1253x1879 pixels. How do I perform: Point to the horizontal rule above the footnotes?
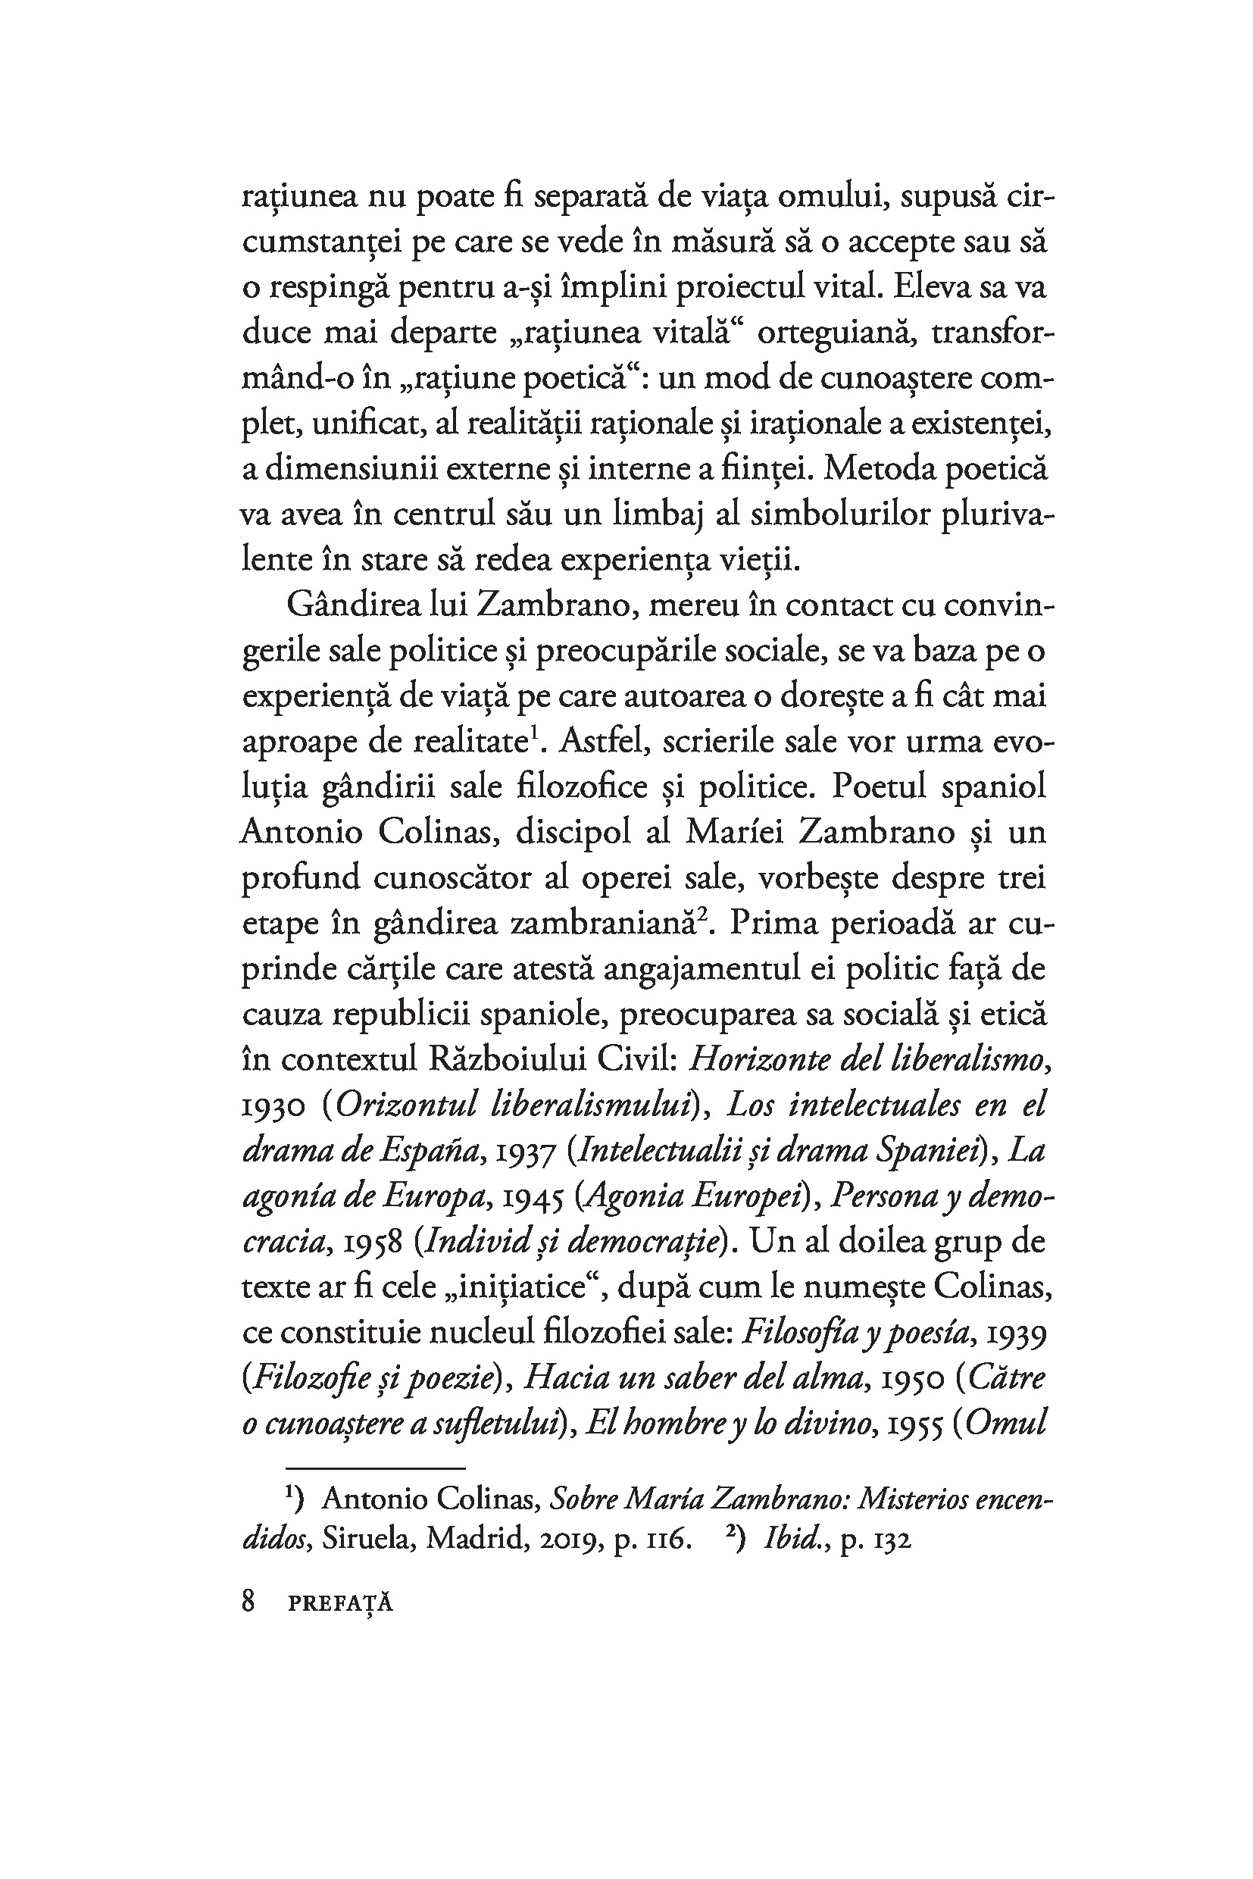(x=375, y=1468)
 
